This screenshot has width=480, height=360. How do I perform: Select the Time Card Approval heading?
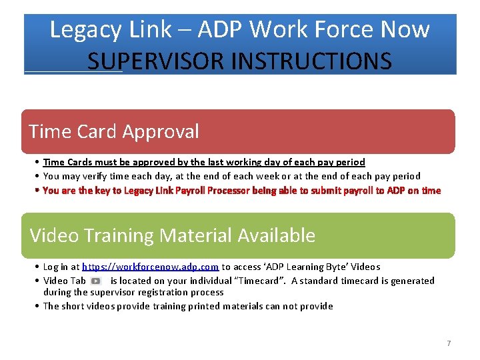tap(114, 131)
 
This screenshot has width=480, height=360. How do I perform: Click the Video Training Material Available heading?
tap(173, 235)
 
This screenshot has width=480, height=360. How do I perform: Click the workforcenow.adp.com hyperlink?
tap(150, 267)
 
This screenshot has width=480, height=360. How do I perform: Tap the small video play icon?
tap(95, 281)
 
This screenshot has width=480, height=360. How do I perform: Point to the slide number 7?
tap(449, 343)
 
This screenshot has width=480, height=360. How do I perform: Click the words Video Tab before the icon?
tap(65, 281)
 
